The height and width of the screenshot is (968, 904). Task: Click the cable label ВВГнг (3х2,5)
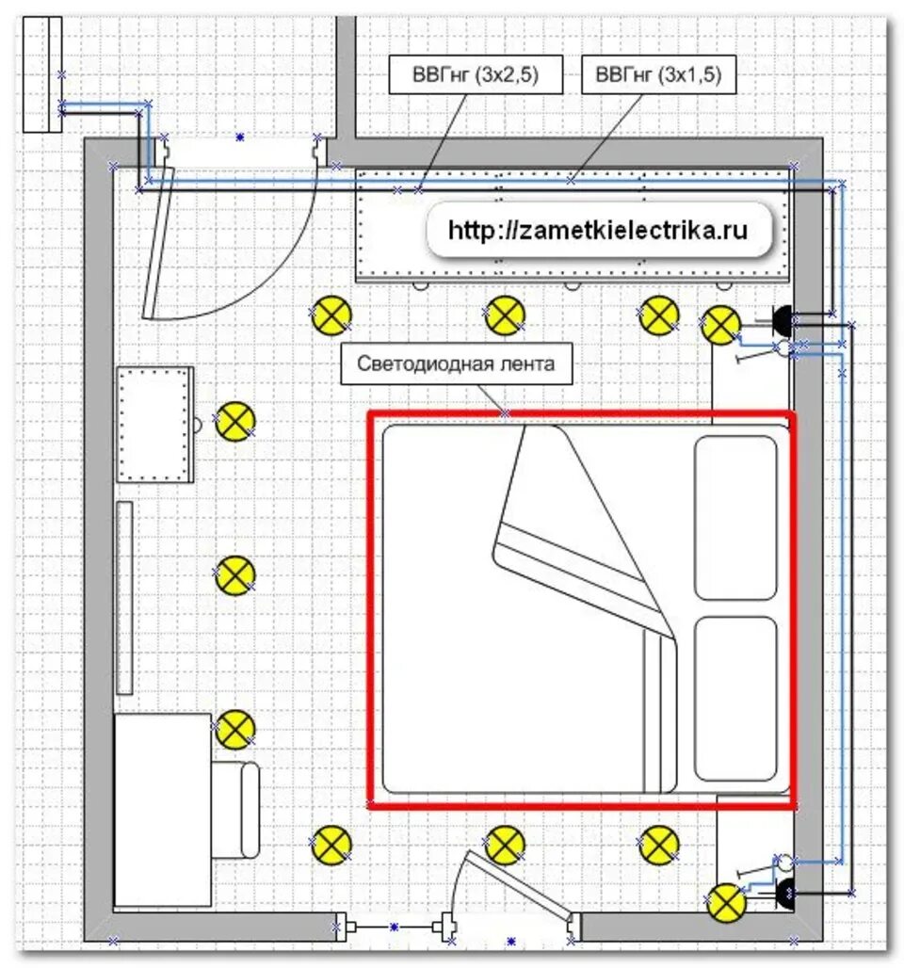(x=476, y=74)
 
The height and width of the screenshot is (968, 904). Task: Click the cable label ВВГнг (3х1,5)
(x=658, y=74)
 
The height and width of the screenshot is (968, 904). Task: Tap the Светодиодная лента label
(x=457, y=363)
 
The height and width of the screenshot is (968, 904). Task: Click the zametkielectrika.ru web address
(x=598, y=231)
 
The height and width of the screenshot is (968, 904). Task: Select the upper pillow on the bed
(x=735, y=517)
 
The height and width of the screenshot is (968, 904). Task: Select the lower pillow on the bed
(x=735, y=698)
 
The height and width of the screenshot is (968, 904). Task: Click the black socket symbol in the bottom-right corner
(x=784, y=893)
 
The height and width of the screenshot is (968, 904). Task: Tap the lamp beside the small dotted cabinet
(x=234, y=421)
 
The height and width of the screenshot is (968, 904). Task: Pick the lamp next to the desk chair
(x=234, y=729)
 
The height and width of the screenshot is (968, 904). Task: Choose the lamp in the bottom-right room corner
(x=726, y=903)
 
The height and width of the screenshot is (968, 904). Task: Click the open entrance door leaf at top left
(x=158, y=242)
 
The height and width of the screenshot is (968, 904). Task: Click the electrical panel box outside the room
(x=42, y=74)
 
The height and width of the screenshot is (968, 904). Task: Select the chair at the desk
(x=235, y=810)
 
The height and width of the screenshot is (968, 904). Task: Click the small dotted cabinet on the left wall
(x=155, y=425)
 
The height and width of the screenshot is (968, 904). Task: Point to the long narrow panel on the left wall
(x=124, y=598)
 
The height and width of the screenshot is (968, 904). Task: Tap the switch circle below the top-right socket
(x=783, y=348)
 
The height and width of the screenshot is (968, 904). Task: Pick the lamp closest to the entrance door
(x=331, y=315)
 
